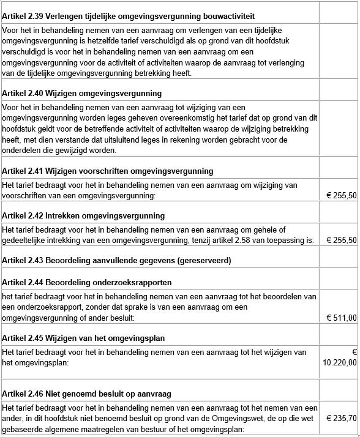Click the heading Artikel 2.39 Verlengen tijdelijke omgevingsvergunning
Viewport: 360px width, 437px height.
pos(129,15)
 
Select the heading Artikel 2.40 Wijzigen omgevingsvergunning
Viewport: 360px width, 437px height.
pos(82,94)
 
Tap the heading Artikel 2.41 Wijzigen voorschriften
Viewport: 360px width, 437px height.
pos(108,171)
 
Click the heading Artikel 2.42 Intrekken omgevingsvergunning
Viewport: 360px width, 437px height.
pos(83,215)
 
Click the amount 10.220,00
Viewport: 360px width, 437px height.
pos(339,362)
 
